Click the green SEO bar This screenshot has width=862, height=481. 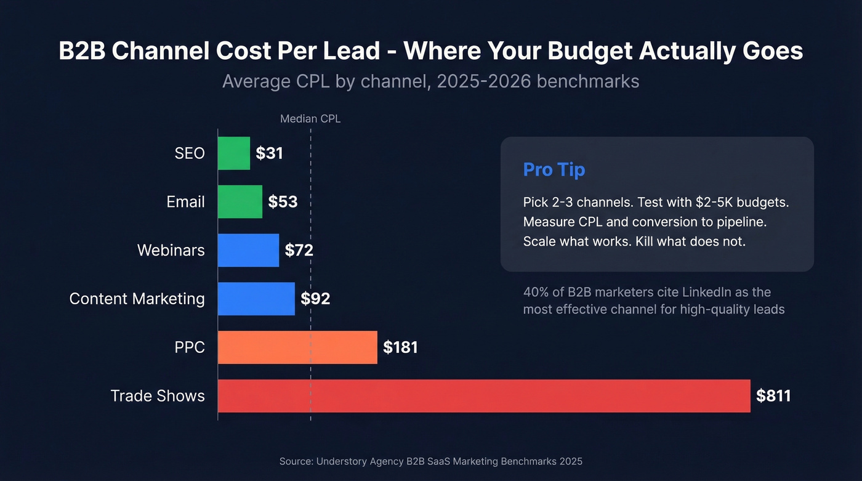(x=234, y=153)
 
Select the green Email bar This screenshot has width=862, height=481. (x=240, y=201)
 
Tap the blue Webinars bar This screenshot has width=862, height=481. (x=249, y=250)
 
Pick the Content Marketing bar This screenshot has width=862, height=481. (x=257, y=299)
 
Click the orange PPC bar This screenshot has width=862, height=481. (x=297, y=347)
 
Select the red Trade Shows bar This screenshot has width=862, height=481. (x=484, y=396)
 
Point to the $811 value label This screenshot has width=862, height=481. (x=773, y=396)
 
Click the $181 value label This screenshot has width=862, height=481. (x=400, y=347)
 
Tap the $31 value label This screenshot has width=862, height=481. (x=269, y=153)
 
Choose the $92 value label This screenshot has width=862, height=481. (x=315, y=299)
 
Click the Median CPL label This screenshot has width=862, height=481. (x=310, y=119)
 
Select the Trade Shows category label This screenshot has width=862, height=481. (x=158, y=396)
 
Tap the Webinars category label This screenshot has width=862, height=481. (x=171, y=250)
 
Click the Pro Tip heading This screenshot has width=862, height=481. (x=554, y=169)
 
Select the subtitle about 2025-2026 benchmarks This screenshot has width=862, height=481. (x=430, y=81)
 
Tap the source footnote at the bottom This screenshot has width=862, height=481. (x=430, y=461)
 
